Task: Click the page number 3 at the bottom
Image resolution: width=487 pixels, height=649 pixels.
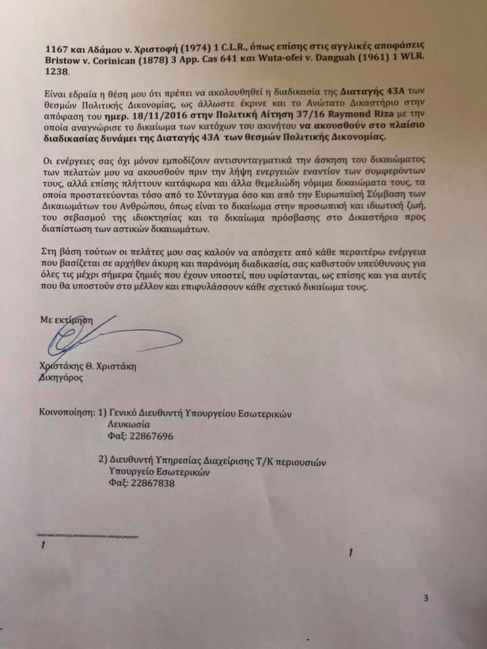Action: (426, 598)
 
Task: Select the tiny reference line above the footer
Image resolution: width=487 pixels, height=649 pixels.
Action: (92, 535)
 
